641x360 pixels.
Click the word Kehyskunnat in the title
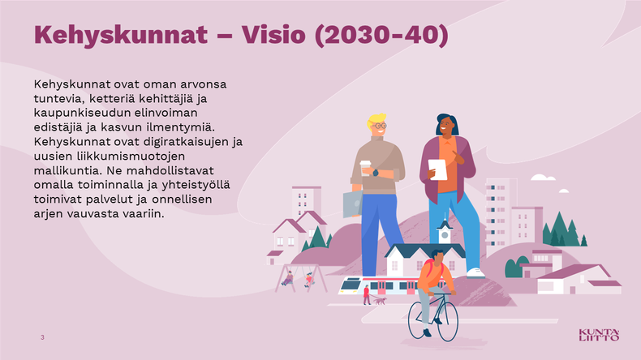click(121, 36)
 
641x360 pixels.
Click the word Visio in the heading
click(273, 34)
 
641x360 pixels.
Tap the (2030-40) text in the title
click(382, 35)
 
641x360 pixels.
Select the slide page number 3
click(42, 337)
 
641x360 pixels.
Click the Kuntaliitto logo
click(599, 335)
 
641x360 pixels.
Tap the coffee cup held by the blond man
click(365, 168)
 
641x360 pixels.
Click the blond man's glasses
click(380, 126)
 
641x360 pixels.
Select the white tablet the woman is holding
click(438, 169)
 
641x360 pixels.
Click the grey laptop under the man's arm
click(353, 204)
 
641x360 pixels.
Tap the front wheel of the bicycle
click(448, 322)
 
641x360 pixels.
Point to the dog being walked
click(381, 301)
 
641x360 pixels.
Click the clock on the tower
click(445, 235)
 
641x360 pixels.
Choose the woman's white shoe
click(475, 272)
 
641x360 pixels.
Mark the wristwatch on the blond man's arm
click(376, 173)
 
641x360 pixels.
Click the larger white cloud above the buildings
click(543, 178)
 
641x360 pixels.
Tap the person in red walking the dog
click(367, 295)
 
